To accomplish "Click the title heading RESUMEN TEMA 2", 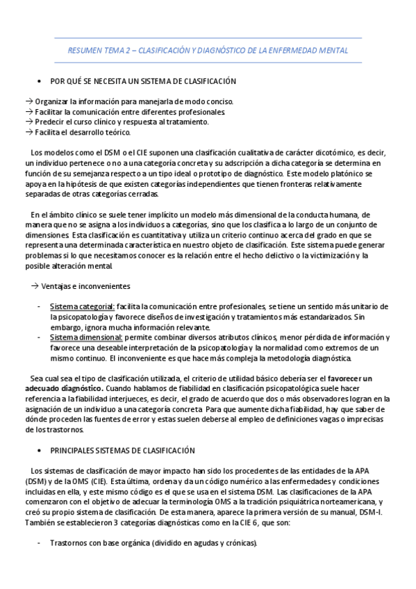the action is [208, 51].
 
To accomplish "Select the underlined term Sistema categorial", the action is [82, 306].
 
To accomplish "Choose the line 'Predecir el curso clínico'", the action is [122, 122].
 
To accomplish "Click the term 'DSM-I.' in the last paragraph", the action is [374, 512].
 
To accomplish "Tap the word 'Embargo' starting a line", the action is [65, 327].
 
